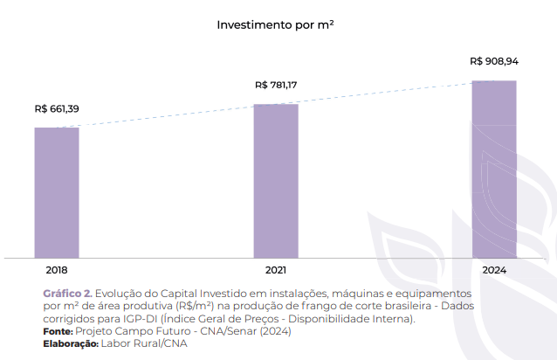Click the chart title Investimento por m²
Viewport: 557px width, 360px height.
275,25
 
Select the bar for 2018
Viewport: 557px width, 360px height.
57,192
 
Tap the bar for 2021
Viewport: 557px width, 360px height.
276,180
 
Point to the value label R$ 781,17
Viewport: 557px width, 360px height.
277,86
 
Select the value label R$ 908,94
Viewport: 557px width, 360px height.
493,62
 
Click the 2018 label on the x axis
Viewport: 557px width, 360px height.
57,271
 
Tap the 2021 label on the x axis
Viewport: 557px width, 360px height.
276,271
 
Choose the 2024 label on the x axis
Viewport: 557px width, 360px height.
493,271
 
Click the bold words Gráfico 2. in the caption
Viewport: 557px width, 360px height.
67,294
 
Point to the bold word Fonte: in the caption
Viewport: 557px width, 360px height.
58,332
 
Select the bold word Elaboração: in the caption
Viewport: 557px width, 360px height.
71,344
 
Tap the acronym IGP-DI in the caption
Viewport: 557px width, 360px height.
140,320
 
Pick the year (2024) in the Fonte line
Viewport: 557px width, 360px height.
273,332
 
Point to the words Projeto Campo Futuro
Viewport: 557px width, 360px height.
127,332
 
